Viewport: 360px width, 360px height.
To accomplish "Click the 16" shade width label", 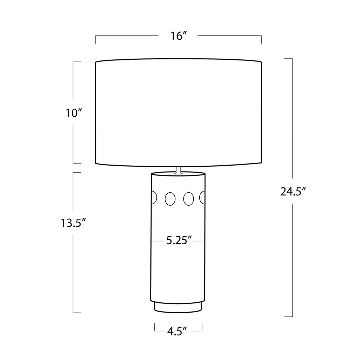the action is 179,36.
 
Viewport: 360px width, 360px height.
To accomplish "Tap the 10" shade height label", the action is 74,113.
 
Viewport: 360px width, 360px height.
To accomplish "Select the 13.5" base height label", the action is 73,223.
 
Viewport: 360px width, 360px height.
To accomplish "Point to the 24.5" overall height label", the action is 293,191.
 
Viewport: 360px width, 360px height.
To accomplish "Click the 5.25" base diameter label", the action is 179,240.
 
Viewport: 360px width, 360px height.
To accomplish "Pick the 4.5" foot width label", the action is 177,331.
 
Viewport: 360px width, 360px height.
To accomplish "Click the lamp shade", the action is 178,112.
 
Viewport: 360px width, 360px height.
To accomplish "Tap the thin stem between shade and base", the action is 178,170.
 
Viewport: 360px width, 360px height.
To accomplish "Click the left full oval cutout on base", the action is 170,199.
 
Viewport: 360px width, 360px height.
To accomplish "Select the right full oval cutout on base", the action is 188,199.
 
